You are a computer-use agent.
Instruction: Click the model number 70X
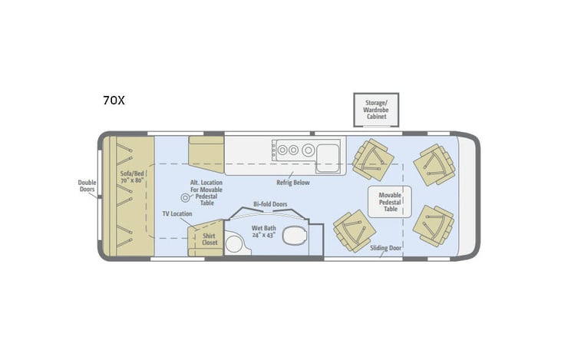[x=114, y=100]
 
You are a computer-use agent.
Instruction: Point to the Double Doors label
[x=87, y=187]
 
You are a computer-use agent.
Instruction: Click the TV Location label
[x=177, y=213]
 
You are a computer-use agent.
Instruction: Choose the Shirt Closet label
[x=209, y=238]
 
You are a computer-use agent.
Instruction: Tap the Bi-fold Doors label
[x=269, y=206]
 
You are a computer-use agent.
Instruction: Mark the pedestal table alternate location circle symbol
[x=184, y=199]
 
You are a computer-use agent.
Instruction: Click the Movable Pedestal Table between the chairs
[x=390, y=201]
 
